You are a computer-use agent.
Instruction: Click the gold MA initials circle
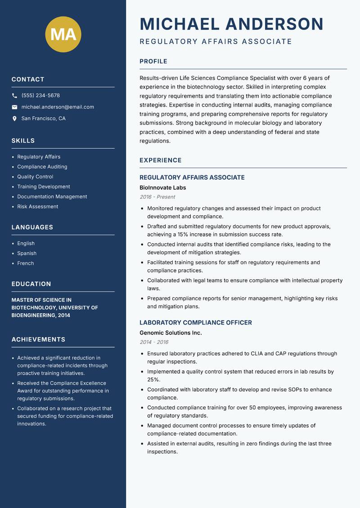pyautogui.click(x=63, y=34)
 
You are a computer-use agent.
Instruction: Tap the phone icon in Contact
pyautogui.click(x=14, y=96)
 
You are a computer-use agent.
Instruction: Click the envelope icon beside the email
pyautogui.click(x=14, y=107)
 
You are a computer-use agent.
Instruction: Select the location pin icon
pyautogui.click(x=14, y=119)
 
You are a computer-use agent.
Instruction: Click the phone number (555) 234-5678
pyautogui.click(x=40, y=96)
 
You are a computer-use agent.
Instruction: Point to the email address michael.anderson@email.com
pyautogui.click(x=58, y=107)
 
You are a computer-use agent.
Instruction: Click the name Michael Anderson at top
pyautogui.click(x=232, y=24)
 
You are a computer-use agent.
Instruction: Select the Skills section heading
pyautogui.click(x=23, y=141)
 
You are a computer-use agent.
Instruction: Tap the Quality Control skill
pyautogui.click(x=35, y=177)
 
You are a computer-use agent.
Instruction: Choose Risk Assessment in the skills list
pyautogui.click(x=38, y=207)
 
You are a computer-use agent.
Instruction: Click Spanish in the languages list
pyautogui.click(x=27, y=254)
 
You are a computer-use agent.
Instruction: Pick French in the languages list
pyautogui.click(x=26, y=263)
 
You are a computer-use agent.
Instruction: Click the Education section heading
pyautogui.click(x=31, y=284)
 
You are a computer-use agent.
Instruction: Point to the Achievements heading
pyautogui.click(x=38, y=339)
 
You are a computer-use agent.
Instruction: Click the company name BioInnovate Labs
pyautogui.click(x=162, y=187)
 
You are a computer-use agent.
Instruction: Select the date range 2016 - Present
pyautogui.click(x=157, y=197)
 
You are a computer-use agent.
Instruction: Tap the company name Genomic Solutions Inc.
pyautogui.click(x=171, y=333)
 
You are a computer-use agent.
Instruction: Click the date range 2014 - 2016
pyautogui.click(x=154, y=342)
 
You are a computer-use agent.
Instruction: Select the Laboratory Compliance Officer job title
pyautogui.click(x=196, y=323)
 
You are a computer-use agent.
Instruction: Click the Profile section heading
pyautogui.click(x=153, y=62)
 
